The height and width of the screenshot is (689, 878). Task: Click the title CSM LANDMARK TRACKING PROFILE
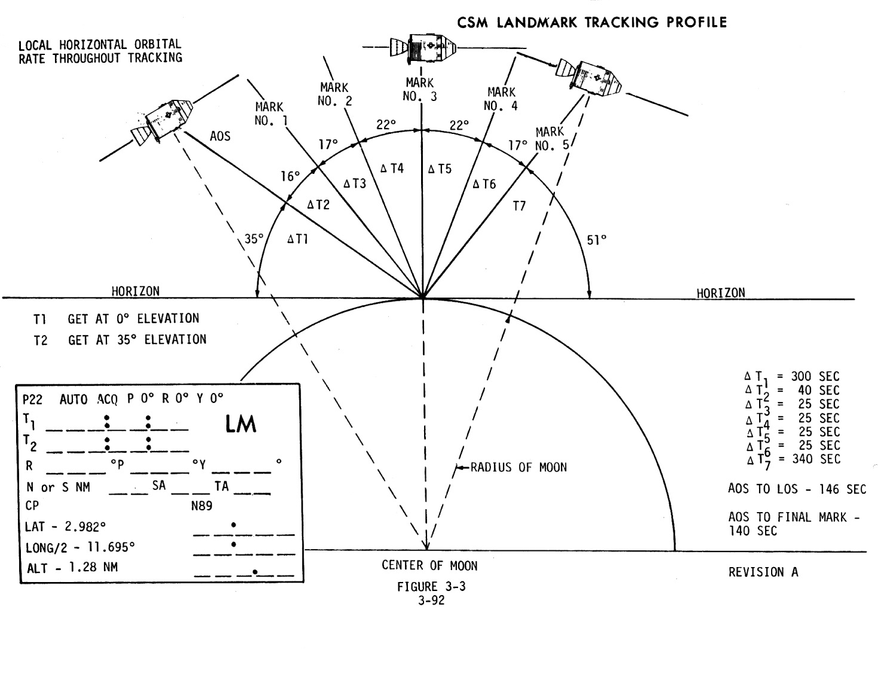coord(592,23)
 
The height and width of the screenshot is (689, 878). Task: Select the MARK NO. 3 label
coord(419,89)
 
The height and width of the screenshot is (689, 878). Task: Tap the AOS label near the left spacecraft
coord(220,136)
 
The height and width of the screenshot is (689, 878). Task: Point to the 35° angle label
coord(254,239)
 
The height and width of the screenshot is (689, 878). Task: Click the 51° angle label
coord(596,240)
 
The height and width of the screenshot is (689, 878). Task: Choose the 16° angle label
coord(290,176)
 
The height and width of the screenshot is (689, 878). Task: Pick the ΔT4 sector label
coord(392,169)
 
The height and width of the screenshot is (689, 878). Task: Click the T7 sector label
coord(519,206)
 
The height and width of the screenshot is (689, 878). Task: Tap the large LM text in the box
coord(241,424)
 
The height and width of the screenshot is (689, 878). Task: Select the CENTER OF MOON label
coord(429,565)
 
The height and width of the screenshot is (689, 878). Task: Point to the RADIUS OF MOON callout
coord(518,467)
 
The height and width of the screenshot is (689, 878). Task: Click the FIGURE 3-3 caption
coord(431,586)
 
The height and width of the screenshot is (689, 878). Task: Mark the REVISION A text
coord(763,572)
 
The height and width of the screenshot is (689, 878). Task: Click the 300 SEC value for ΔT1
coord(815,376)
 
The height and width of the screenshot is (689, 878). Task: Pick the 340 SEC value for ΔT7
coord(815,459)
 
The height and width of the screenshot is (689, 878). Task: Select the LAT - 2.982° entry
coord(66,526)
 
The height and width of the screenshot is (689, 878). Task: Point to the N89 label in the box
coord(202,506)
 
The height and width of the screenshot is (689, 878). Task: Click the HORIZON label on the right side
coord(720,293)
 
